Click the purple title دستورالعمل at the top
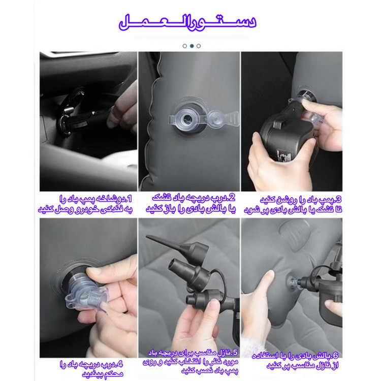pyautogui.click(x=187, y=22)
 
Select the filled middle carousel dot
pyautogui.click(x=192, y=46)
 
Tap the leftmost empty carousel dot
pyautogui.click(x=185, y=46)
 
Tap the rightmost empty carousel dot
pyautogui.click(x=199, y=46)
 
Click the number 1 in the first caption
pyautogui.click(x=130, y=199)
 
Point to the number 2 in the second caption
pyautogui.click(x=232, y=198)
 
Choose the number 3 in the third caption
pyautogui.click(x=338, y=200)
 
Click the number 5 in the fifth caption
pyautogui.click(x=235, y=353)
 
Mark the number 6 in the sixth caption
pyautogui.click(x=335, y=356)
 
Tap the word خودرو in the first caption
pyautogui.click(x=86, y=209)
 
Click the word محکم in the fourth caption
pyautogui.click(x=113, y=374)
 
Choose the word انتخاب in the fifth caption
pyautogui.click(x=189, y=362)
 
